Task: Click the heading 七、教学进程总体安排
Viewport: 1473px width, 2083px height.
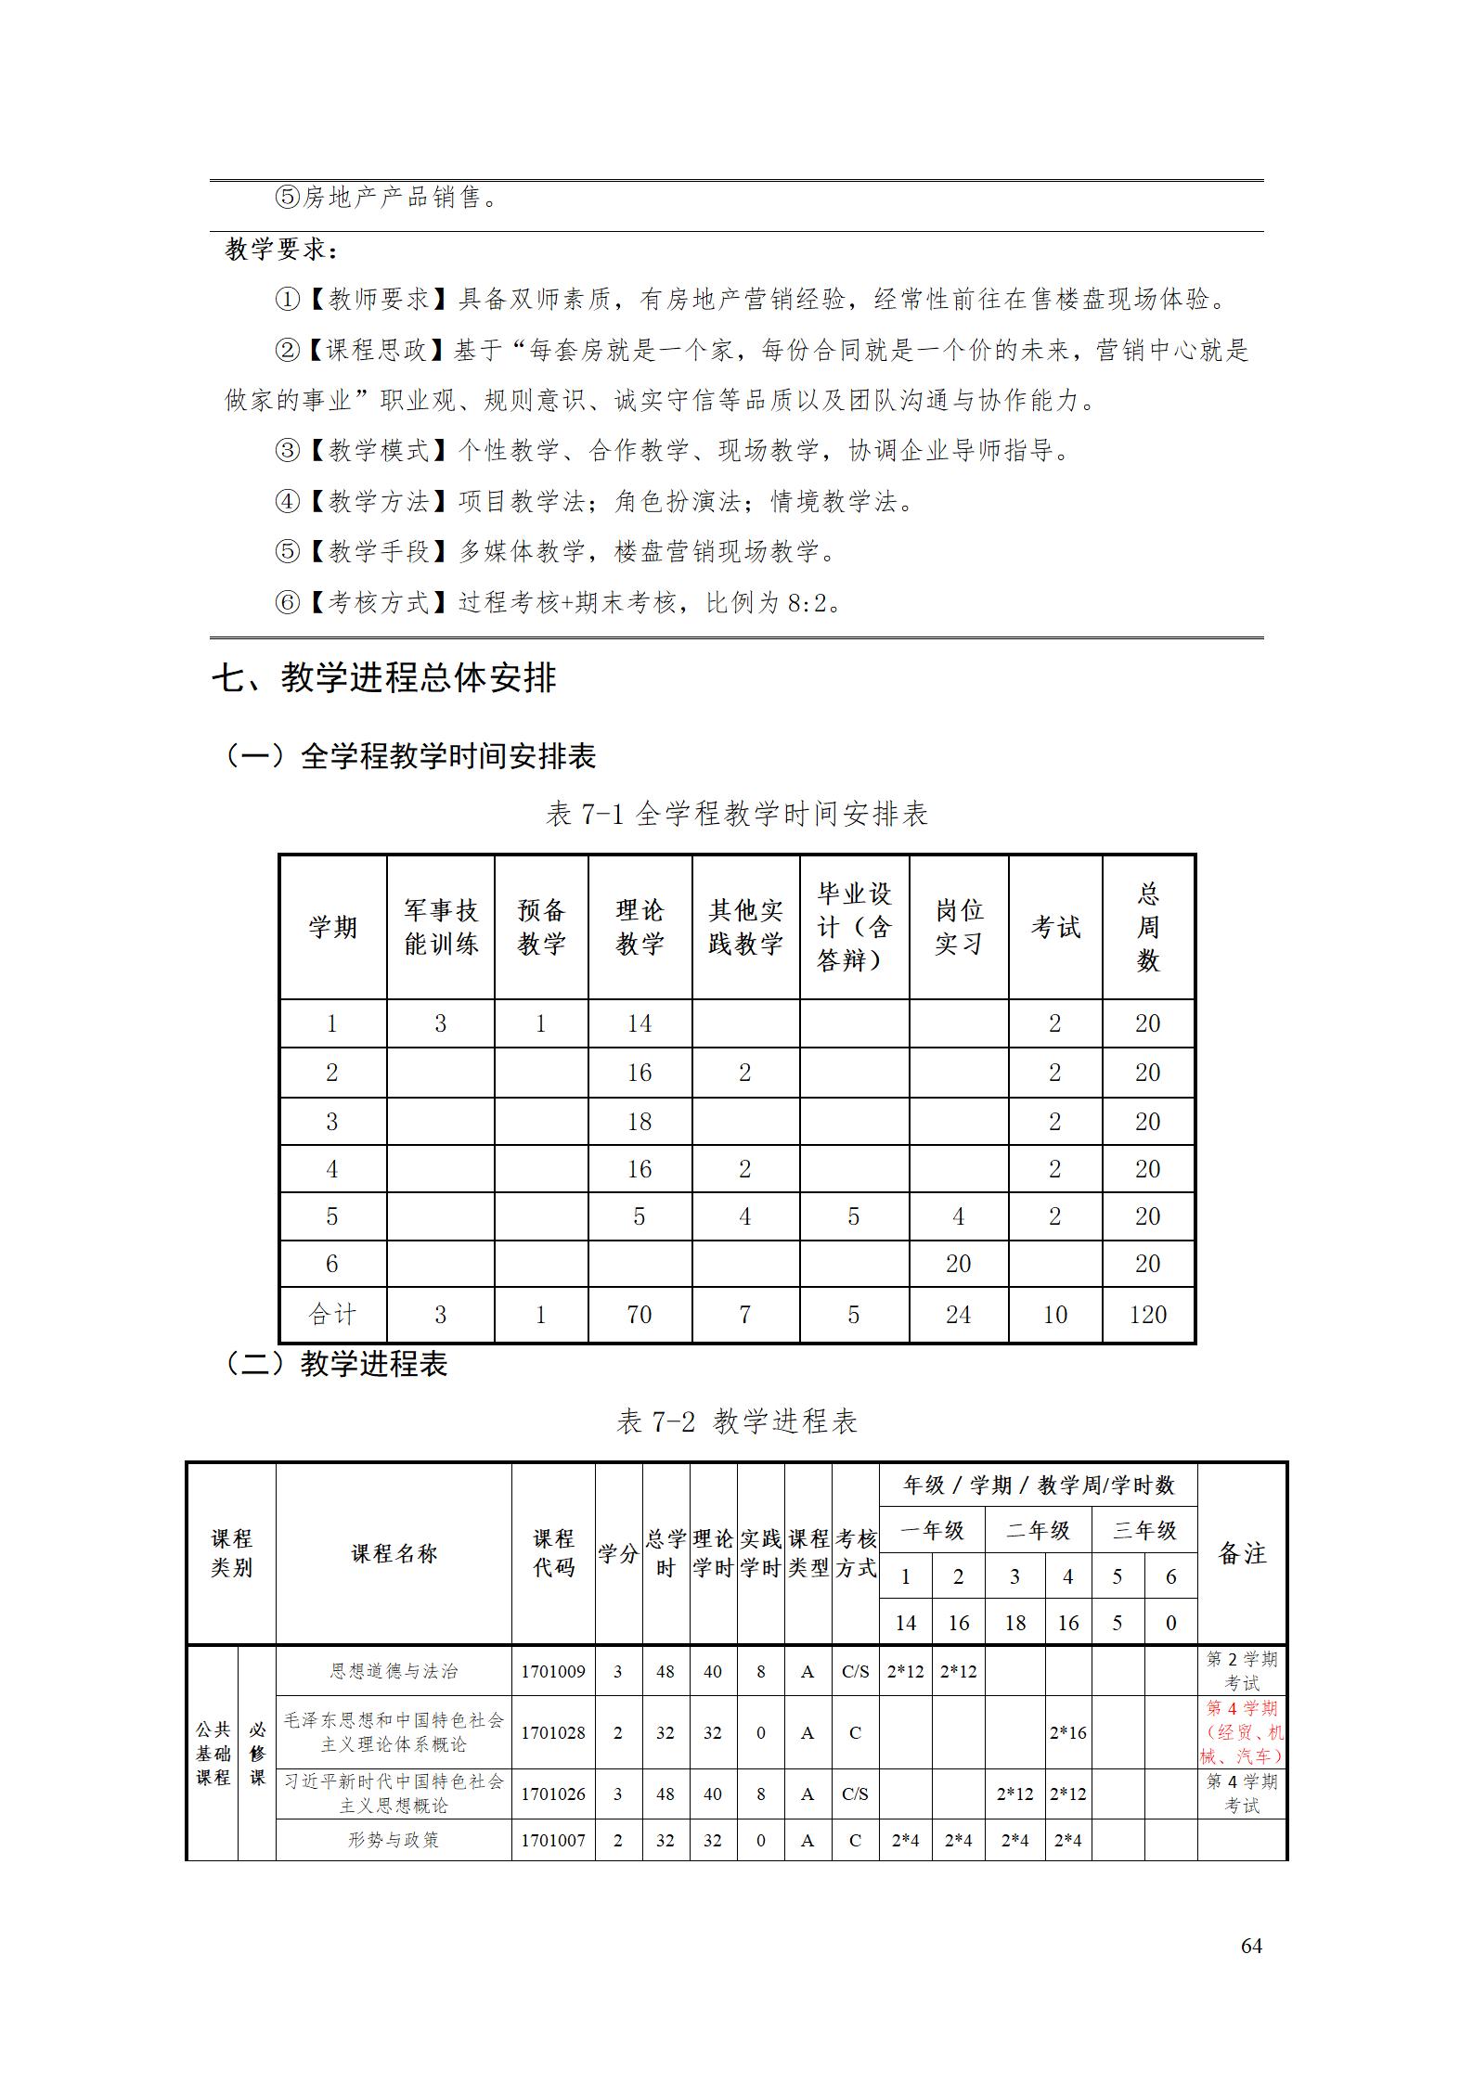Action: pyautogui.click(x=383, y=678)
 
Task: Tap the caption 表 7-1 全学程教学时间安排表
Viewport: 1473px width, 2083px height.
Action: pyautogui.click(x=737, y=814)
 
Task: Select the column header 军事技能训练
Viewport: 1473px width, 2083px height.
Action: pyautogui.click(x=440, y=927)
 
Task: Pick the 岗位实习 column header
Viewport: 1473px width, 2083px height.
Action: pyautogui.click(x=958, y=927)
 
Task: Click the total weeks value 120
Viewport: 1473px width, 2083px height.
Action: pyautogui.click(x=1147, y=1314)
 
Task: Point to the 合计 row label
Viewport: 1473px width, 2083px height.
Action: pyautogui.click(x=332, y=1314)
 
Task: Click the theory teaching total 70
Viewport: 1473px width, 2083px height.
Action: pyautogui.click(x=639, y=1314)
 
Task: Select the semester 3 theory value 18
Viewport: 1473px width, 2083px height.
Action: pyautogui.click(x=639, y=1121)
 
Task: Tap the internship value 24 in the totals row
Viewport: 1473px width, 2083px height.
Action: pyautogui.click(x=958, y=1314)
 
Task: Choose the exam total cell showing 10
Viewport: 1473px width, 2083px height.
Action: pyautogui.click(x=1054, y=1314)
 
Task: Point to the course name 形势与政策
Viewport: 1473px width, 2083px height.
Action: pyautogui.click(x=394, y=1839)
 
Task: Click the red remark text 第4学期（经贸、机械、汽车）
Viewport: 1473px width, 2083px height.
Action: pyautogui.click(x=1241, y=1731)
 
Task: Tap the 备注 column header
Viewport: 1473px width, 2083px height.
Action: pyautogui.click(x=1241, y=1553)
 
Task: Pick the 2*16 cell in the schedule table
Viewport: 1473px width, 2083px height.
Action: pyautogui.click(x=1067, y=1732)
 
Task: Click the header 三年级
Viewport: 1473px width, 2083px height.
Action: pyautogui.click(x=1144, y=1530)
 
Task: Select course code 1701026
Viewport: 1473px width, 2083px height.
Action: pyautogui.click(x=552, y=1794)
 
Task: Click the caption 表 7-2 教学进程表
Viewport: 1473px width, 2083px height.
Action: pyautogui.click(x=737, y=1421)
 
